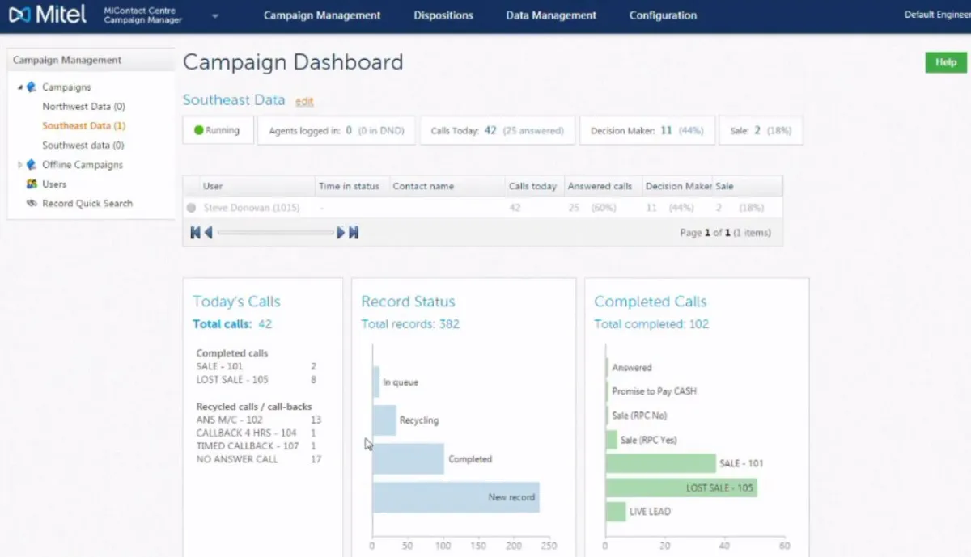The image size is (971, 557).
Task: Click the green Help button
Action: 945,62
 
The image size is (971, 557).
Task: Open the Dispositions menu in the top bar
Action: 443,15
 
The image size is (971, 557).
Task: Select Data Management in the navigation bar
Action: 551,15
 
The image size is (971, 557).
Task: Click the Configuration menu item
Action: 663,15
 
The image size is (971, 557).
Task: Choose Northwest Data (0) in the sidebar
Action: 83,107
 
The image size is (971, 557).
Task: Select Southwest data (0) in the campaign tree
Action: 83,146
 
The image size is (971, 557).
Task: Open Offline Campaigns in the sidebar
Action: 82,165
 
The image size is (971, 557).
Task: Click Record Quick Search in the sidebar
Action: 87,204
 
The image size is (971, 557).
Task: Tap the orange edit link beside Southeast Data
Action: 304,102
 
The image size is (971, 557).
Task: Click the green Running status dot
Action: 198,130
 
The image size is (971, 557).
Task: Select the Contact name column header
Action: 423,186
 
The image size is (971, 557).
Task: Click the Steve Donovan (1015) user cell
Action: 251,208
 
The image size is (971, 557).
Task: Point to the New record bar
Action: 456,497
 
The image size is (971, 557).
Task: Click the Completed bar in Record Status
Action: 408,458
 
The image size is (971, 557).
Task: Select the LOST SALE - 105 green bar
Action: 681,487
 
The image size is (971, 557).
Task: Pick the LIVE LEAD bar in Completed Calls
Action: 616,512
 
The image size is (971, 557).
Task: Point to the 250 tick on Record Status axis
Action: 549,546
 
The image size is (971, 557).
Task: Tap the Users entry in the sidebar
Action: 54,184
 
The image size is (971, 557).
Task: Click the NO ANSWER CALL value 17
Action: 316,459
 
